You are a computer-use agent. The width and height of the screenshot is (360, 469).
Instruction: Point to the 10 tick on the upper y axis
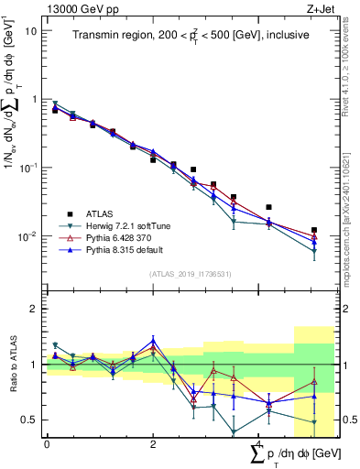pyautogui.click(x=30, y=30)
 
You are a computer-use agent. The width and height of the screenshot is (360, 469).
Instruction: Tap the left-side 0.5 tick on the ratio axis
pyautogui.click(x=29, y=420)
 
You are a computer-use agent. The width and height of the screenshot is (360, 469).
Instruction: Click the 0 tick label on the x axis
pyautogui.click(x=47, y=444)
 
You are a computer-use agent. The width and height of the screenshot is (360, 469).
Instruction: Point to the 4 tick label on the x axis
pyautogui.click(x=260, y=444)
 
